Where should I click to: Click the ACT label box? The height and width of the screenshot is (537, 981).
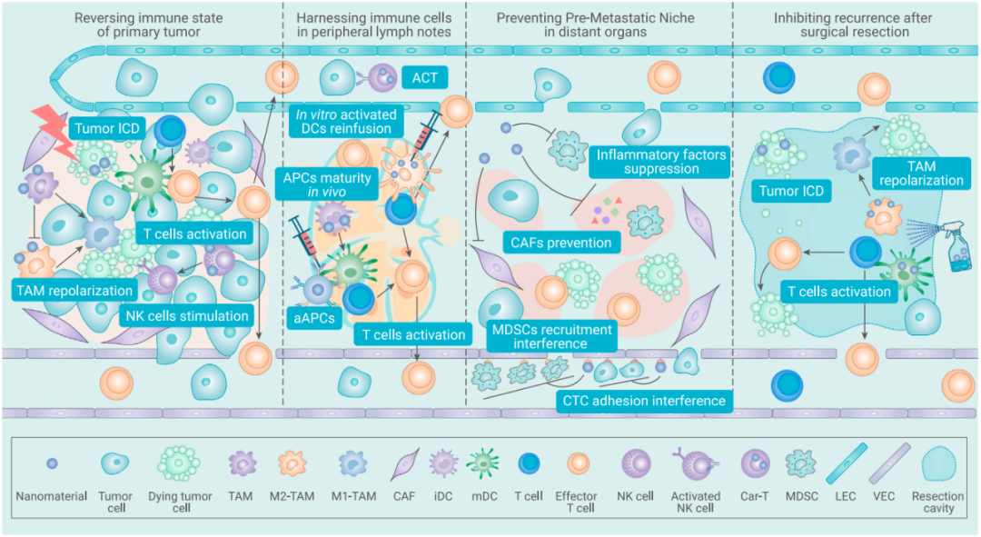pos(424,77)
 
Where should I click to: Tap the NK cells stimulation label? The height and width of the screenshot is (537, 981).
pos(187,316)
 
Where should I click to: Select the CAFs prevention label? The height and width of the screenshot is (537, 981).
pos(560,243)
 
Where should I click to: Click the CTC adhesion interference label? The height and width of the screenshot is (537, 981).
pos(644,401)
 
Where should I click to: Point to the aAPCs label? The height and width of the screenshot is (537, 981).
pos(314,318)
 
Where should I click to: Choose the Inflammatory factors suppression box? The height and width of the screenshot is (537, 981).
pos(660,162)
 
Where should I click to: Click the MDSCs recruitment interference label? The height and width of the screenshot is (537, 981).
pos(551,337)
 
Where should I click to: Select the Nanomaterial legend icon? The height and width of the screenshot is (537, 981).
pos(52,463)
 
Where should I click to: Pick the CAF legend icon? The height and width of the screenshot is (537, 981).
pos(404,463)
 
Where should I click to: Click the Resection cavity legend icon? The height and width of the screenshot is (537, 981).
pos(938,463)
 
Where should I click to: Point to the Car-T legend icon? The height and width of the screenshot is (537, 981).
pos(755,463)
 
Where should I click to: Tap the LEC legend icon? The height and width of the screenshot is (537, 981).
pos(847,463)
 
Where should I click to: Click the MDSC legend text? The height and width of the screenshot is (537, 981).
pos(801,496)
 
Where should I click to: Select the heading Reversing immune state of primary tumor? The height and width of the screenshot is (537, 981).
pos(148,25)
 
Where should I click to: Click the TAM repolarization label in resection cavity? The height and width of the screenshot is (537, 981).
pos(921,174)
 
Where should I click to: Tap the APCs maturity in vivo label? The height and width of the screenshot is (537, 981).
pos(327,184)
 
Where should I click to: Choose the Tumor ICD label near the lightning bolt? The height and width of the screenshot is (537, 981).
pos(107,129)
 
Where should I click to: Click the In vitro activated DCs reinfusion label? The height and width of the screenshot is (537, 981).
pos(346,122)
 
